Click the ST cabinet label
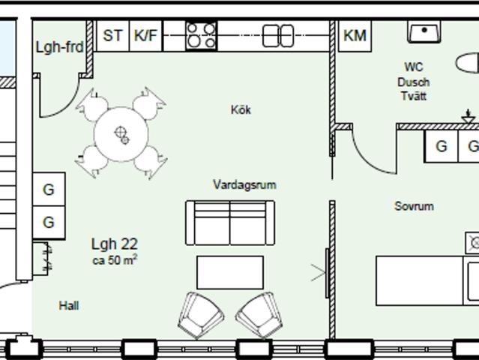(112, 36)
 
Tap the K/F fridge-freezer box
(145, 36)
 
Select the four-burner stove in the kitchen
(202, 36)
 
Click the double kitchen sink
(278, 36)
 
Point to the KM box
(355, 36)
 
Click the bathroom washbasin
(424, 31)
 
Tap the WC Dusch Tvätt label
(414, 82)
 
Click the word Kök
(241, 110)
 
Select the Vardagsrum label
(244, 185)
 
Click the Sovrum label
(414, 206)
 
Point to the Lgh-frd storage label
(59, 47)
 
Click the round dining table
(121, 133)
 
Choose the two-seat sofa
(230, 223)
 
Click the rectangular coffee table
(230, 272)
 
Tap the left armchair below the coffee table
(201, 315)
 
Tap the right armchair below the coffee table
(259, 315)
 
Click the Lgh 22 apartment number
(115, 244)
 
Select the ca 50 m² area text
(115, 260)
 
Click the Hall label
(69, 305)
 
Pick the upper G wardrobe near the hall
(49, 189)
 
